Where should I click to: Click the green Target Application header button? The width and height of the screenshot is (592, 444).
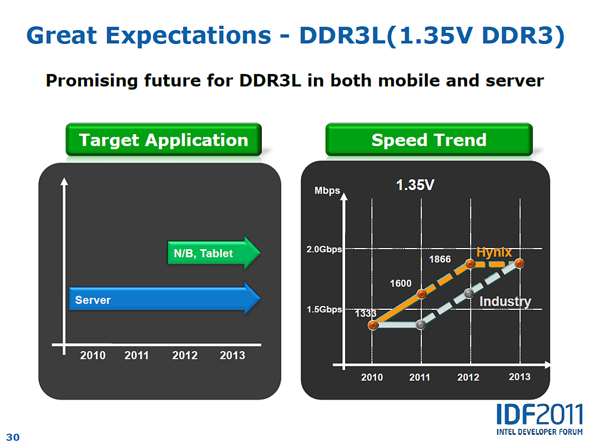(x=164, y=140)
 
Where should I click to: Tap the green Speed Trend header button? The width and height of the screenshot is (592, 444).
(x=428, y=140)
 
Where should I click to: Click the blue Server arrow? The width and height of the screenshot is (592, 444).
(x=165, y=299)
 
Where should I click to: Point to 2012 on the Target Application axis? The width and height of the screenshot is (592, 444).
(x=184, y=356)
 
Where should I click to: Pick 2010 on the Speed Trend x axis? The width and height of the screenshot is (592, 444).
(x=372, y=377)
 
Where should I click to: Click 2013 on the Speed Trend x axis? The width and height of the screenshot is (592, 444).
(x=519, y=377)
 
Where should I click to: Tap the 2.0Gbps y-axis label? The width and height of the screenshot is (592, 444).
(x=324, y=249)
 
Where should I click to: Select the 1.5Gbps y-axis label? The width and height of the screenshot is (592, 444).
(x=324, y=309)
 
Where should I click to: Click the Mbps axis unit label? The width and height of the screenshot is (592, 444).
(x=327, y=190)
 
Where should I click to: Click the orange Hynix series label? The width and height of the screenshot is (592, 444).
(x=494, y=252)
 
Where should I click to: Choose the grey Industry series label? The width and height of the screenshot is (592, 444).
(x=505, y=301)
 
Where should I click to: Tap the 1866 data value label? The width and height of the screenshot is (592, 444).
(x=439, y=259)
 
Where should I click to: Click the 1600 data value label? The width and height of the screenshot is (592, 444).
(x=401, y=283)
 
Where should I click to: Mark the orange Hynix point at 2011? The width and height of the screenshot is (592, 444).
(x=421, y=294)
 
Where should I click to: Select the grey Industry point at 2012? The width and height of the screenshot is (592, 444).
(x=469, y=294)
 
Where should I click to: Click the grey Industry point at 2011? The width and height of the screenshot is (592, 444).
(x=421, y=325)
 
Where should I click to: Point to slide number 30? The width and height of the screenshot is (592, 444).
(x=13, y=437)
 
